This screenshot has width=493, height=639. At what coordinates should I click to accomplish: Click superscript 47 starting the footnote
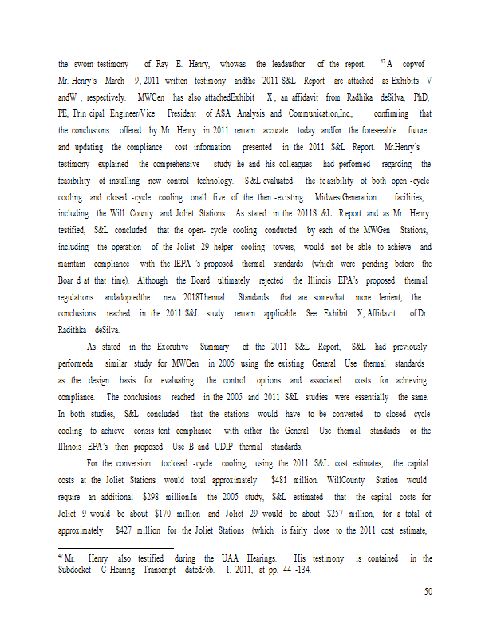coord(61,555)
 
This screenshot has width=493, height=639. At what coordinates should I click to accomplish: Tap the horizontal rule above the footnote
coord(116,548)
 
